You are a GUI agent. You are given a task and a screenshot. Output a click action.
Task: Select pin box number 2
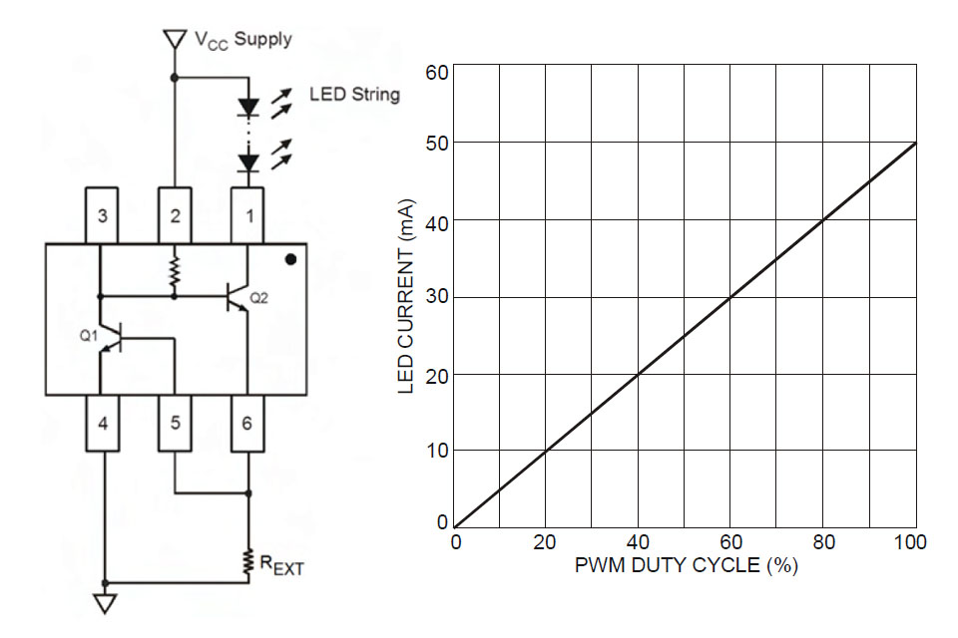click(x=175, y=215)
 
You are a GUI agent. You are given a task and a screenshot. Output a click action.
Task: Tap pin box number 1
click(x=248, y=215)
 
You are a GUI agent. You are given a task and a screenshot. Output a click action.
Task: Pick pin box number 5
click(x=175, y=423)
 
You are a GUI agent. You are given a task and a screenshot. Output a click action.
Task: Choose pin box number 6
click(x=248, y=423)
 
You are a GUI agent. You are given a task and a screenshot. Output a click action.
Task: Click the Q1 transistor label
click(x=89, y=337)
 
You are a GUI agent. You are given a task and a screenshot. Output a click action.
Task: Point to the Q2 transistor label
click(x=258, y=297)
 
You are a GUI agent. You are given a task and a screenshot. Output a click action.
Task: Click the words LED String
click(x=354, y=95)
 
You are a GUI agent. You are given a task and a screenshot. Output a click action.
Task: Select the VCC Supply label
click(x=242, y=40)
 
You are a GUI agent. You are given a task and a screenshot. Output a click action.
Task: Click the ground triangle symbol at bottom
click(x=104, y=603)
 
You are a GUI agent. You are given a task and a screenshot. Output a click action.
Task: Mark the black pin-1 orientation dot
click(x=290, y=260)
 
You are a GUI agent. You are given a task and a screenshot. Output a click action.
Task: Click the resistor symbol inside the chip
click(x=175, y=269)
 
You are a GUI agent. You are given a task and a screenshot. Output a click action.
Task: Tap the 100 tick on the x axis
click(x=912, y=542)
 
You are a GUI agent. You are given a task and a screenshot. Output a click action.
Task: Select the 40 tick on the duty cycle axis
click(x=639, y=542)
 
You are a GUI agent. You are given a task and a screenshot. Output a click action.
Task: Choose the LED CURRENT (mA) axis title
click(x=406, y=298)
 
